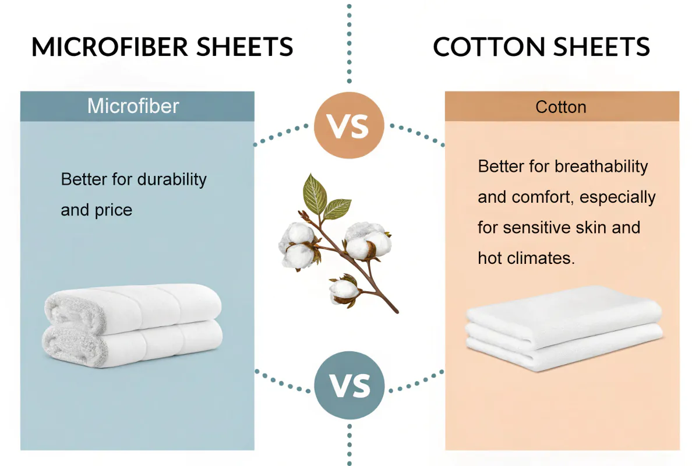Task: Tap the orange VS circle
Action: pos(349,125)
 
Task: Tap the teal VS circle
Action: pos(349,385)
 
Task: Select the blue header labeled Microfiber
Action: pos(137,106)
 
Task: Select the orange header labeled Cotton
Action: pos(562,107)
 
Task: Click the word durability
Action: pos(172,179)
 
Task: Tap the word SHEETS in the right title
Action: pos(604,47)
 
